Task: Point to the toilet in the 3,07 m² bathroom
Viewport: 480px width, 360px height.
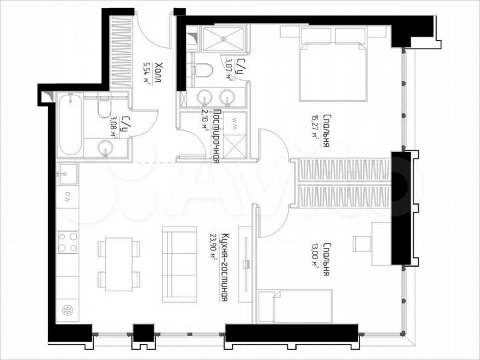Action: pos(202,69)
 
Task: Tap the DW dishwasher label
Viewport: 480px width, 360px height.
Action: pos(67,197)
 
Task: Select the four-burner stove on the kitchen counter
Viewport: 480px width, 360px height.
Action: pos(67,241)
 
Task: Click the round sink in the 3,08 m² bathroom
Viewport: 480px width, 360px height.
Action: pos(106,147)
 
